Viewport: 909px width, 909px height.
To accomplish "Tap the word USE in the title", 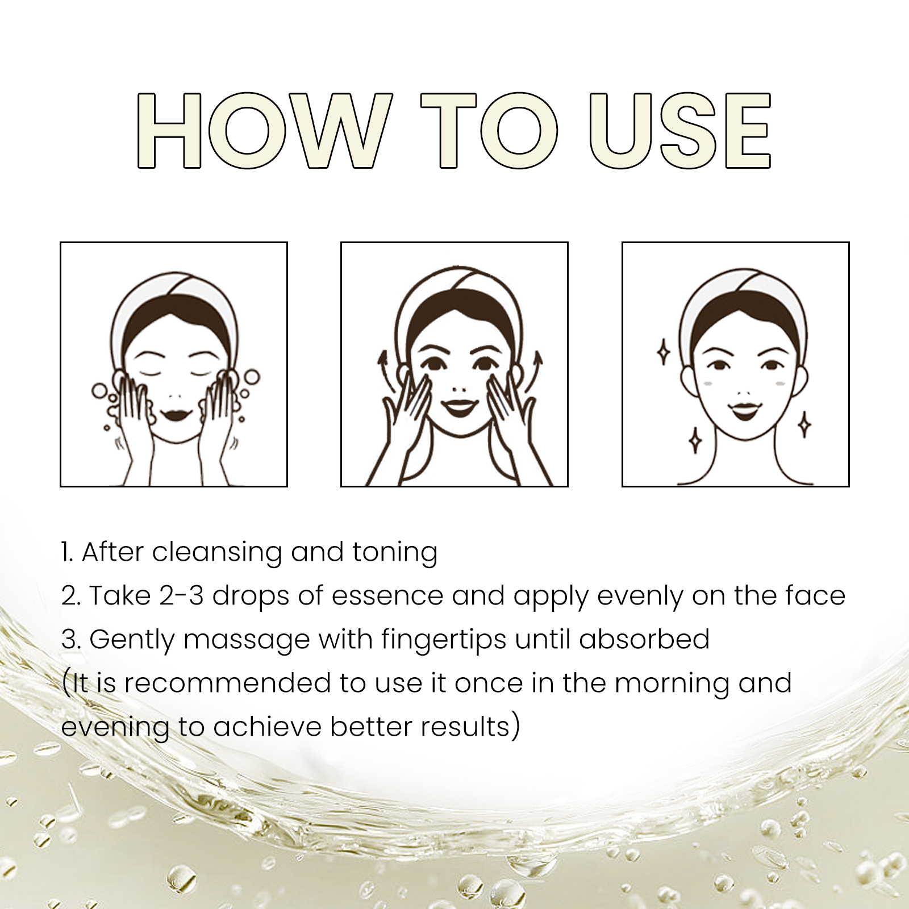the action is tap(680, 130).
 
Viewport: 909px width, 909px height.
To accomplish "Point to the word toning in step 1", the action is tap(395, 553).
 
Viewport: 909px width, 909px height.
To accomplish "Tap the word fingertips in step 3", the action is tap(444, 640).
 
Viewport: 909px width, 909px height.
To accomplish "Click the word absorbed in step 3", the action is tap(644, 639).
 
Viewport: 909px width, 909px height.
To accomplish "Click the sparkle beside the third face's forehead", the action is tap(663, 353).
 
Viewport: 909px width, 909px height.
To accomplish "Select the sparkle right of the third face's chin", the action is tap(804, 424).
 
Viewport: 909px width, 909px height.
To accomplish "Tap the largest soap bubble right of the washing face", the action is tap(252, 377).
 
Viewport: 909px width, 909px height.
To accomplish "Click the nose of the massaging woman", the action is tap(460, 390).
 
